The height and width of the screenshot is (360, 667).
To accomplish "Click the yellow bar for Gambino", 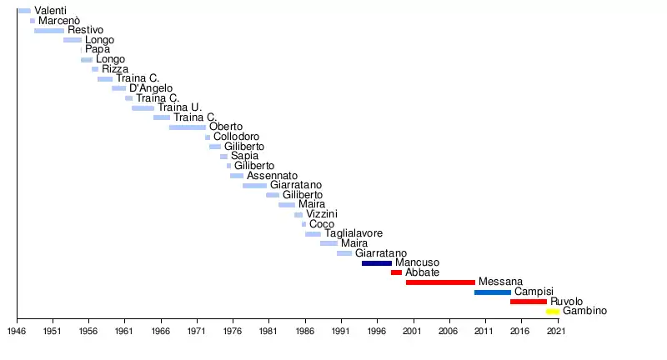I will [x=553, y=312].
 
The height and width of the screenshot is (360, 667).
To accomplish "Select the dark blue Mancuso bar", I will [x=377, y=263].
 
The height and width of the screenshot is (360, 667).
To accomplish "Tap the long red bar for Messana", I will [x=440, y=282].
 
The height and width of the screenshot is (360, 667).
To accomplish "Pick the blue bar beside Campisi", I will [x=493, y=292].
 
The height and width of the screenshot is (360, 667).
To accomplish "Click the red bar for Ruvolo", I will [x=529, y=302].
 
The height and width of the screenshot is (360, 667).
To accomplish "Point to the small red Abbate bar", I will [x=396, y=272].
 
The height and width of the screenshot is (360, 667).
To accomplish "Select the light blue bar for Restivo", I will [x=49, y=31].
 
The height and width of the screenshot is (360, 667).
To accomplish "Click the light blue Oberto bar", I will [x=188, y=127].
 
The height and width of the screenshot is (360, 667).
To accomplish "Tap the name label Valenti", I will [x=51, y=11].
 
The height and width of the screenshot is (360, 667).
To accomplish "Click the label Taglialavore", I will [x=354, y=234].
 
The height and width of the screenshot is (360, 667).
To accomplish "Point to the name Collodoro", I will [x=236, y=137].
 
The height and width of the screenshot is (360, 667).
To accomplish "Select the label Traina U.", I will [x=180, y=107].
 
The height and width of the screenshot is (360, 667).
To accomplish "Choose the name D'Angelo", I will [x=151, y=88].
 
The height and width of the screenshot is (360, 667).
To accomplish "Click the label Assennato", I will [x=272, y=176].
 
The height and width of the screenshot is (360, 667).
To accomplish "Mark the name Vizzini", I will [x=322, y=214].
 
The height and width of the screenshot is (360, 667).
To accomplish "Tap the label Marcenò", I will [x=59, y=21].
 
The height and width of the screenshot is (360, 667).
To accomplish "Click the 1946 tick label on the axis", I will [x=17, y=331].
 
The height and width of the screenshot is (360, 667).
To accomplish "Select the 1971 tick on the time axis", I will [x=197, y=331].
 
